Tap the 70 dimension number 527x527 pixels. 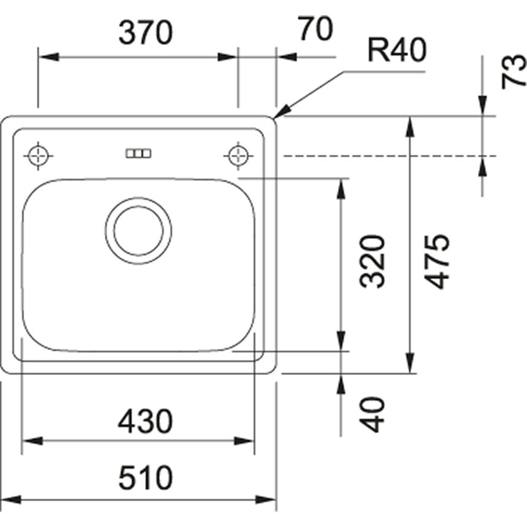point(315,29)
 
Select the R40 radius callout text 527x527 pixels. point(396,52)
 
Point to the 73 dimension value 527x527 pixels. point(514,71)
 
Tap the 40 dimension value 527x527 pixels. point(372,415)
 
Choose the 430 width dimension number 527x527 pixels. point(146,422)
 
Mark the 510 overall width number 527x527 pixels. point(146,478)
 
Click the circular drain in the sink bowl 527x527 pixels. point(138,231)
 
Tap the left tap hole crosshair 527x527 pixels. point(39,155)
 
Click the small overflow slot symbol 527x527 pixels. point(138,153)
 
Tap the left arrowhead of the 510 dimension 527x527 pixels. point(9,500)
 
